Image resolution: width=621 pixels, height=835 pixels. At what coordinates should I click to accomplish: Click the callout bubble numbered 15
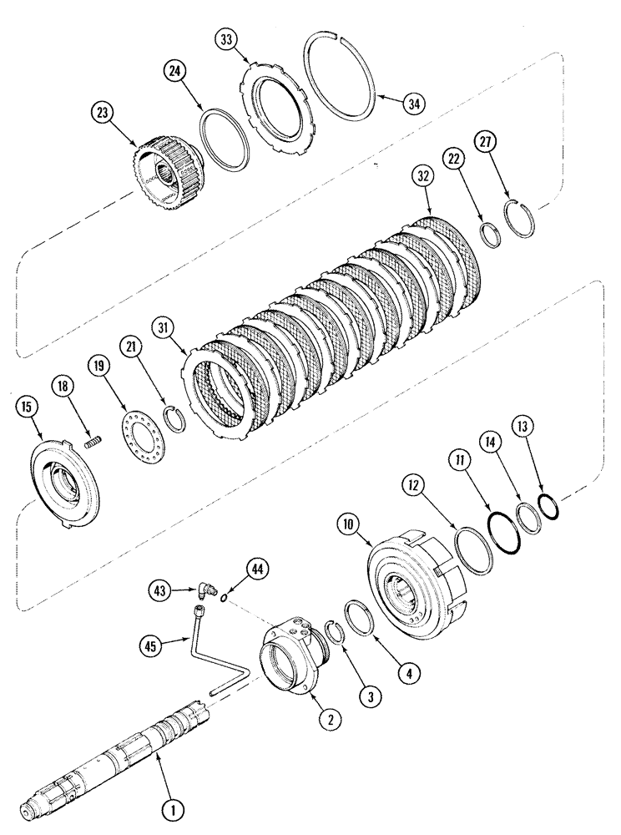coord(26,407)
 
